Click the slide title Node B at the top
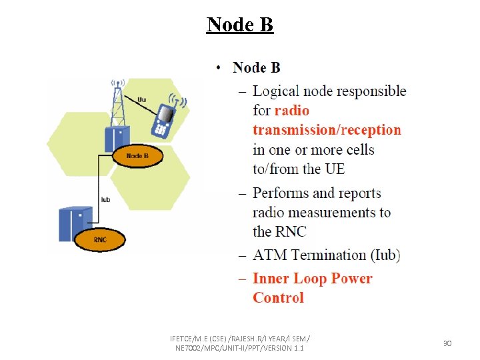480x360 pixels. [x=240, y=25]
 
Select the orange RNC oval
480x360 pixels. [x=100, y=239]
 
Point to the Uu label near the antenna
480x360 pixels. [x=141, y=100]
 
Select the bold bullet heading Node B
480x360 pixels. [x=257, y=67]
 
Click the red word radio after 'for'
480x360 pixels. [x=292, y=111]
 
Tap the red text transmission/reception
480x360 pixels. [x=327, y=130]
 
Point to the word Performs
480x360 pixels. [x=280, y=193]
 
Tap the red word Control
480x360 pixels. [x=278, y=298]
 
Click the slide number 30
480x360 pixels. [x=447, y=343]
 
